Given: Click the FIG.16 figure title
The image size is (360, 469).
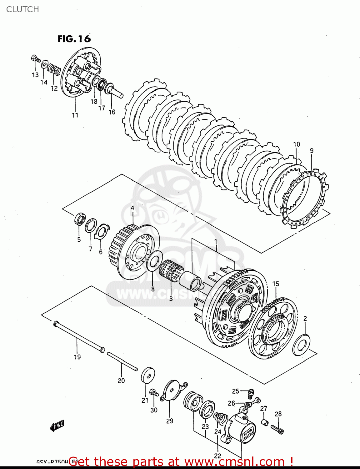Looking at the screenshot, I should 74,39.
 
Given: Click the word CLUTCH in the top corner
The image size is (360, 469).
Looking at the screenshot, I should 22,9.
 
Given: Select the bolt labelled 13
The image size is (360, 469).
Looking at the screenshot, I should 36,59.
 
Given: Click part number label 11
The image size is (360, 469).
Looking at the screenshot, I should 75,115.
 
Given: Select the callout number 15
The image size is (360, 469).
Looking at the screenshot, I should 276,284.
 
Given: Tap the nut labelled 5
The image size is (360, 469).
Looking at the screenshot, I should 80,219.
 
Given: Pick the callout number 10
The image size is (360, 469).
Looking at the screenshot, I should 296,144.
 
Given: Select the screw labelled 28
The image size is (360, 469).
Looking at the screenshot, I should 277,429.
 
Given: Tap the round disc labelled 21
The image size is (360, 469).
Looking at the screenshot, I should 148,375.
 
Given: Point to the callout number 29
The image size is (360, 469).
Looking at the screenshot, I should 170,421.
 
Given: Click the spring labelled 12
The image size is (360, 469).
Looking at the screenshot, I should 54,69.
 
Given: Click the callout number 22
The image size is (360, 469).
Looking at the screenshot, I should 217,456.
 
